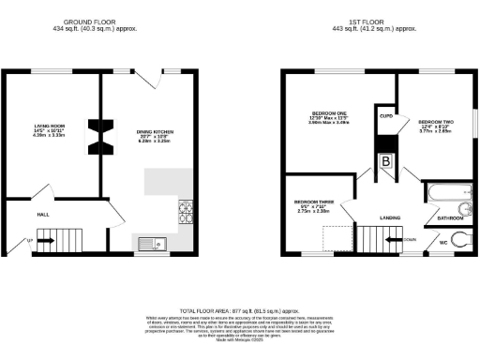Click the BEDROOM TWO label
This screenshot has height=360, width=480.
coord(435,126)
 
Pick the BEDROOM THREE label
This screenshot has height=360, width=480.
coord(311,204)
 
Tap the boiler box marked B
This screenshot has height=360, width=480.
coord(385,160)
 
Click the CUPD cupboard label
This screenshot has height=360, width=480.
coord(385,118)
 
